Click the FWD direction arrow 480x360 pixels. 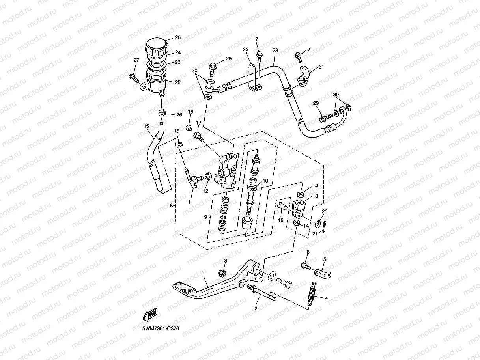pos(150,315)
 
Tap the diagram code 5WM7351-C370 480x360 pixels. pos(161,328)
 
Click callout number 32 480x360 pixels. pos(246,50)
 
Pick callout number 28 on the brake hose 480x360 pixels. pos(275,50)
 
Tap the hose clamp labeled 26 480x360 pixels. pos(162,113)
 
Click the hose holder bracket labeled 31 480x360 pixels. pos(303,76)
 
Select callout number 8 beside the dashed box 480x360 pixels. pos(172,205)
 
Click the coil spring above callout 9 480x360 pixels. pos(224,206)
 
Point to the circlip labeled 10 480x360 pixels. pos(252,187)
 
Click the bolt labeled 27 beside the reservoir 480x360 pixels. pos(134,78)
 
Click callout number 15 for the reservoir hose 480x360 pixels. pos(146,126)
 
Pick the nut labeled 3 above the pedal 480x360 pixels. pos(222,273)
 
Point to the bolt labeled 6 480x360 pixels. pos(306,266)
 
